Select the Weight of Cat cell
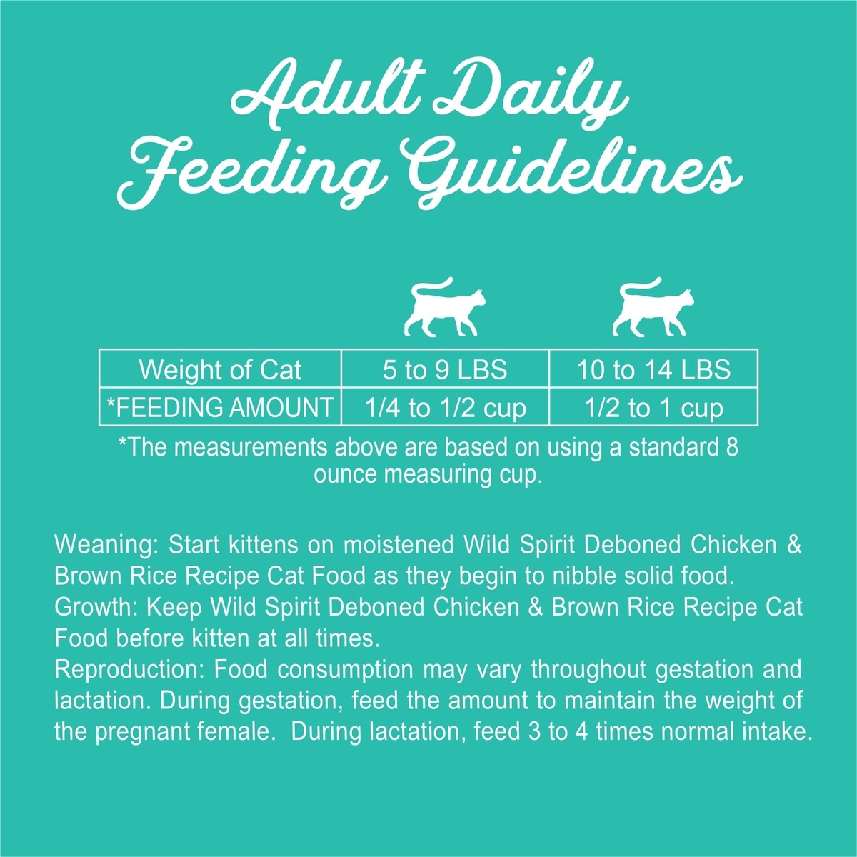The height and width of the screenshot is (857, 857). coord(220,369)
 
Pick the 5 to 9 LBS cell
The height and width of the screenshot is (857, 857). coord(445,369)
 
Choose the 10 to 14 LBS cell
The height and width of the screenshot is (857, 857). coord(653,369)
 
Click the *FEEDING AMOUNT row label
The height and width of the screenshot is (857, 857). coord(220,407)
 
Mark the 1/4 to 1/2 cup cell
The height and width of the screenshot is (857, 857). coord(445,407)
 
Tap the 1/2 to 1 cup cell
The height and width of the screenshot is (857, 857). coord(653,407)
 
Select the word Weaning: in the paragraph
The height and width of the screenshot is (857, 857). coord(106,545)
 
